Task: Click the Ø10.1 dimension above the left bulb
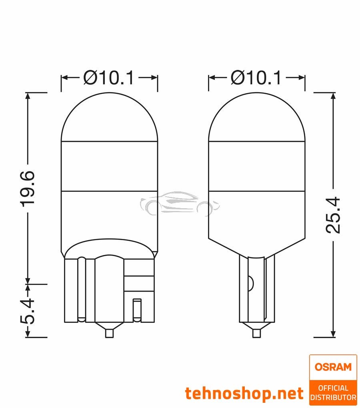point(109,78)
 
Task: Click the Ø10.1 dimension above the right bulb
point(256,78)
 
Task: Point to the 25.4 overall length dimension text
point(333,215)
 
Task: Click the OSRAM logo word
point(333,367)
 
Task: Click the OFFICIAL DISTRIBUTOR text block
point(333,392)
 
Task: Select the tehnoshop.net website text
point(244,394)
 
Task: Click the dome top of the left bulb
point(109,116)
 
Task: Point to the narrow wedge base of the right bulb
point(256,288)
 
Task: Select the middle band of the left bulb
point(109,165)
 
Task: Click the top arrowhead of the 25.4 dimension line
point(333,95)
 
